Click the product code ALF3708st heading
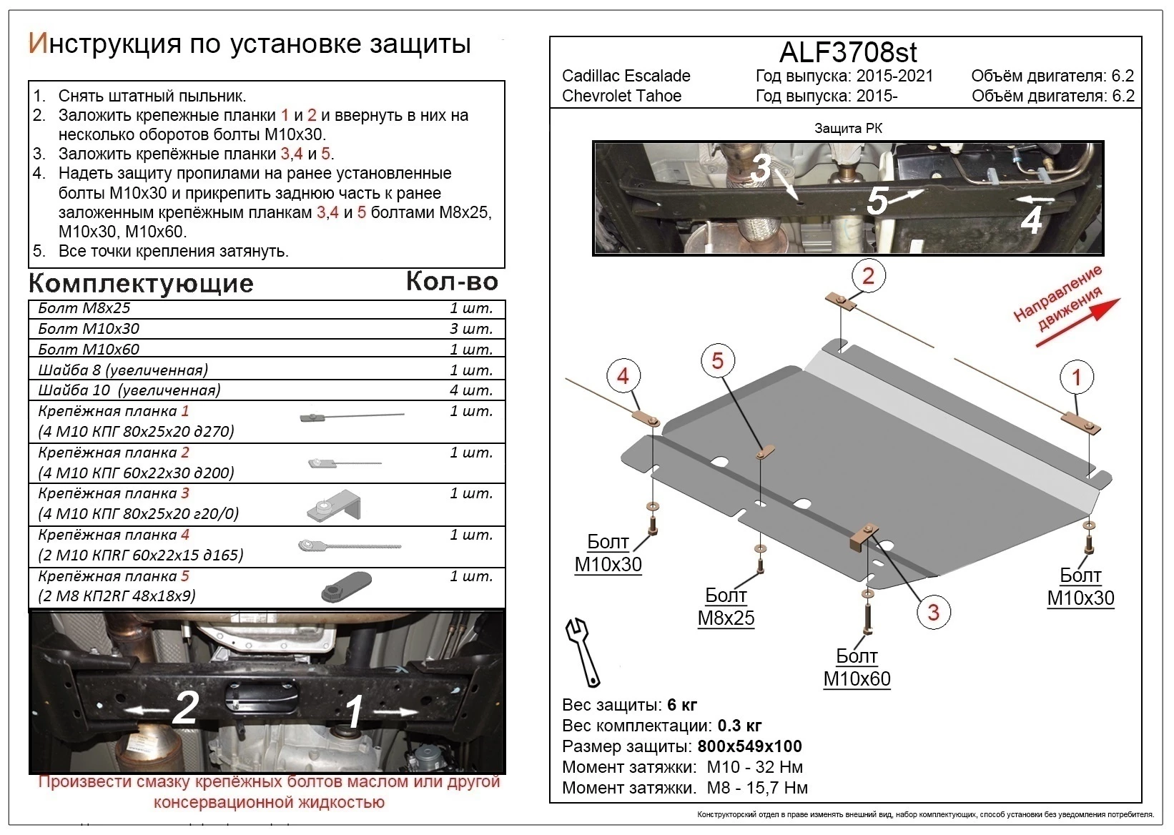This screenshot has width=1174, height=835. tap(847, 53)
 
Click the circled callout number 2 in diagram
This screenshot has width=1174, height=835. tap(868, 276)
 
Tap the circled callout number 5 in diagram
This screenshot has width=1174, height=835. tap(717, 360)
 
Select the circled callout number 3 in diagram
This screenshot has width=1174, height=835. tap(933, 612)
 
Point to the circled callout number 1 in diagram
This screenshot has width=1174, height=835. tap(1076, 377)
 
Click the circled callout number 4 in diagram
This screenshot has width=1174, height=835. tap(623, 376)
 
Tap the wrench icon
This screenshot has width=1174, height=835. tap(583, 651)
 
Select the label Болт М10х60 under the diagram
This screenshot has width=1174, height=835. tap(857, 668)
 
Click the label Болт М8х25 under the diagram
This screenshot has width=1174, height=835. tap(726, 607)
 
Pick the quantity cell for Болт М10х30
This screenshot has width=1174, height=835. tap(470, 329)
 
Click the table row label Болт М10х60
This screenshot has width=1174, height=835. tap(89, 350)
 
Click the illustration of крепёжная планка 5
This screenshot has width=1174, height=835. tap(347, 587)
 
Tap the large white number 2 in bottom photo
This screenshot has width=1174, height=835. tap(186, 708)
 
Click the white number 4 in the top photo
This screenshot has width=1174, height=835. tap(1031, 220)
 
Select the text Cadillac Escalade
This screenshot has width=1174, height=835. tap(626, 76)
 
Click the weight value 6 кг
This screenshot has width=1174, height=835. tap(682, 705)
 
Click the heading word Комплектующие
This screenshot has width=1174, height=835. tap(141, 284)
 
